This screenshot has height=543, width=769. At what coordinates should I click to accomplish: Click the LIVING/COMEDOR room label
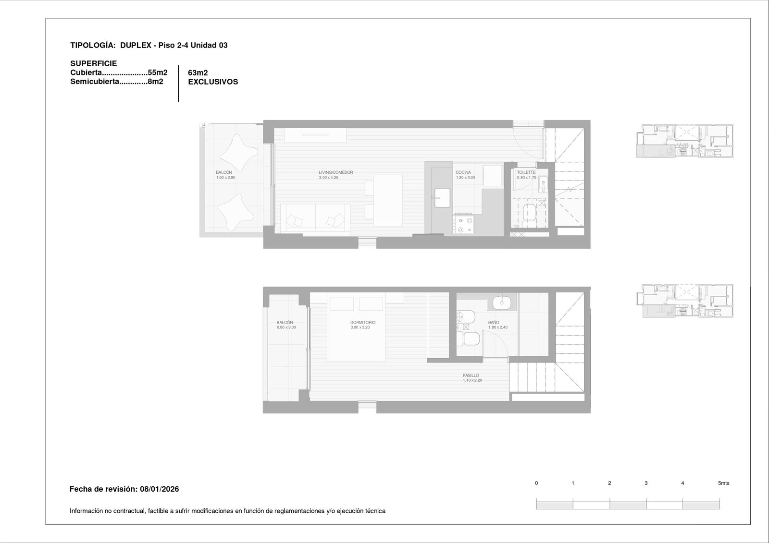[336, 172]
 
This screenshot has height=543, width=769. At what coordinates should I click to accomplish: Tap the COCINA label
[463, 172]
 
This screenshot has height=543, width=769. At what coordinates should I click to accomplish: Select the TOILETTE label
[526, 172]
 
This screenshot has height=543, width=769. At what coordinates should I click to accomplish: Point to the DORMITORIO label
[363, 323]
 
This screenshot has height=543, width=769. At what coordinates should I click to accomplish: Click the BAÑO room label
[494, 323]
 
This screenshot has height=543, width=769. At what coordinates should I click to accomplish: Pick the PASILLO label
[471, 375]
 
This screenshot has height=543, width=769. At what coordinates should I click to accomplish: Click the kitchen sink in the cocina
[442, 198]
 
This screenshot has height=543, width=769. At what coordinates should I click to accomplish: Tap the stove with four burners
[463, 224]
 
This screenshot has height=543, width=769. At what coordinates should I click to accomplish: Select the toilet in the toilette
[529, 215]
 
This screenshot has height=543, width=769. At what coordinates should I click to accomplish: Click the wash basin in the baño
[502, 302]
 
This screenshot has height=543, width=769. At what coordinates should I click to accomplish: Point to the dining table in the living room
[388, 200]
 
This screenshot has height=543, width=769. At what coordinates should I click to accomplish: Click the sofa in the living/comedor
[315, 217]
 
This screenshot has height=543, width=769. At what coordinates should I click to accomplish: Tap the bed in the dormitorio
[356, 327]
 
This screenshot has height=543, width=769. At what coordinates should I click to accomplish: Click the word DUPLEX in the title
[136, 45]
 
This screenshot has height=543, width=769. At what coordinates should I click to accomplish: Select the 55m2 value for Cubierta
[158, 72]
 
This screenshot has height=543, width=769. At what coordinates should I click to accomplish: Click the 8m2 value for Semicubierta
[156, 82]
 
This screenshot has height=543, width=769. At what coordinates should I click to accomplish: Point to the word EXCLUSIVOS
[213, 82]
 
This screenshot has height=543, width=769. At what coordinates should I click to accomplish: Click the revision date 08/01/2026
[159, 489]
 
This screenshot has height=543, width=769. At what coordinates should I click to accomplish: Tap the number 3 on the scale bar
[646, 483]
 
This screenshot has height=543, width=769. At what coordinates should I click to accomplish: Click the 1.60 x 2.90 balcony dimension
[225, 178]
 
